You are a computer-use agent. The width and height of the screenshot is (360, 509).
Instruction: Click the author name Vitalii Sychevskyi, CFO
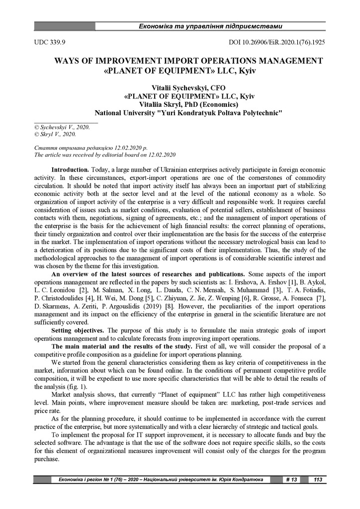point(180,87)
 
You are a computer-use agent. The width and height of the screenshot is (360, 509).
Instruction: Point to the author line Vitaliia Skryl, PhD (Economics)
point(181,104)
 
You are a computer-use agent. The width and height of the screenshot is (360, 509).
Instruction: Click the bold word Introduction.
point(70,170)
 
